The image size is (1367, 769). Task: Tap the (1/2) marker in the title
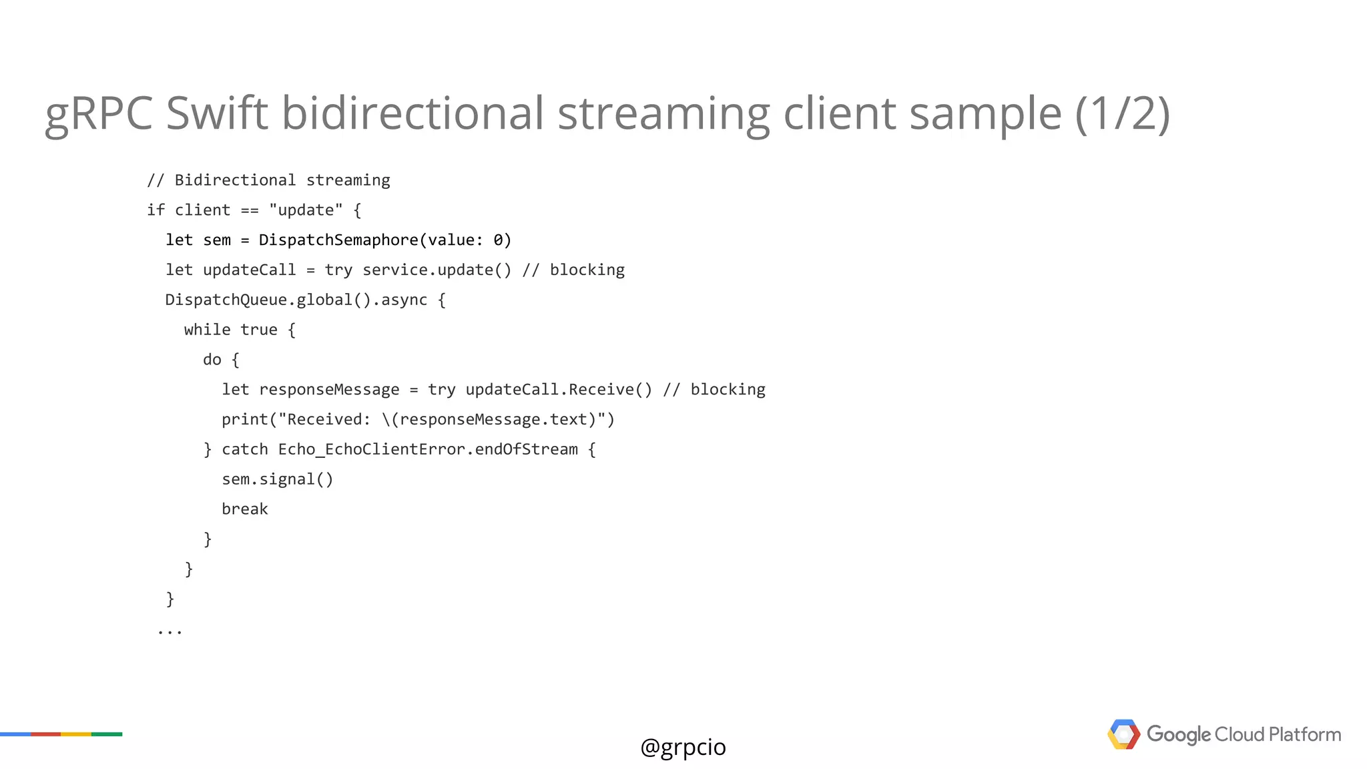coord(1122,113)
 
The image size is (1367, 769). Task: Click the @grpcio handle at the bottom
coord(683,747)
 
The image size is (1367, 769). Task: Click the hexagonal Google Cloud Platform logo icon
coord(1123,734)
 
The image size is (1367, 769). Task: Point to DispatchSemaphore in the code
coord(338,240)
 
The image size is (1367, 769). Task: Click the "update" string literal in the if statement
coord(306,210)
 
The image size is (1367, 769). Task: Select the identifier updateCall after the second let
coord(249,270)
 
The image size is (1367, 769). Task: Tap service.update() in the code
coord(437,270)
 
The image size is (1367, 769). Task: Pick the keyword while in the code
coord(207,330)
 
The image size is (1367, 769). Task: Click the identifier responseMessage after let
coord(329,390)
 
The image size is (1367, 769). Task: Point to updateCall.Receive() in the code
coord(559,390)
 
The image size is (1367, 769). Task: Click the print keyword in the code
coord(244,419)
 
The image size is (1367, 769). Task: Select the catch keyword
coord(244,449)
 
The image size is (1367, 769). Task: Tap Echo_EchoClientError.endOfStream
coord(428,449)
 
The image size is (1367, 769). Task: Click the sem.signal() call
coord(277,479)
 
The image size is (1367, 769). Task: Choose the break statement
coord(244,509)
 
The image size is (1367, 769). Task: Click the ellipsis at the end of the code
coord(170,631)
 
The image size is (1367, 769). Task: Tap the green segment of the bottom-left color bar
coord(107,734)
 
